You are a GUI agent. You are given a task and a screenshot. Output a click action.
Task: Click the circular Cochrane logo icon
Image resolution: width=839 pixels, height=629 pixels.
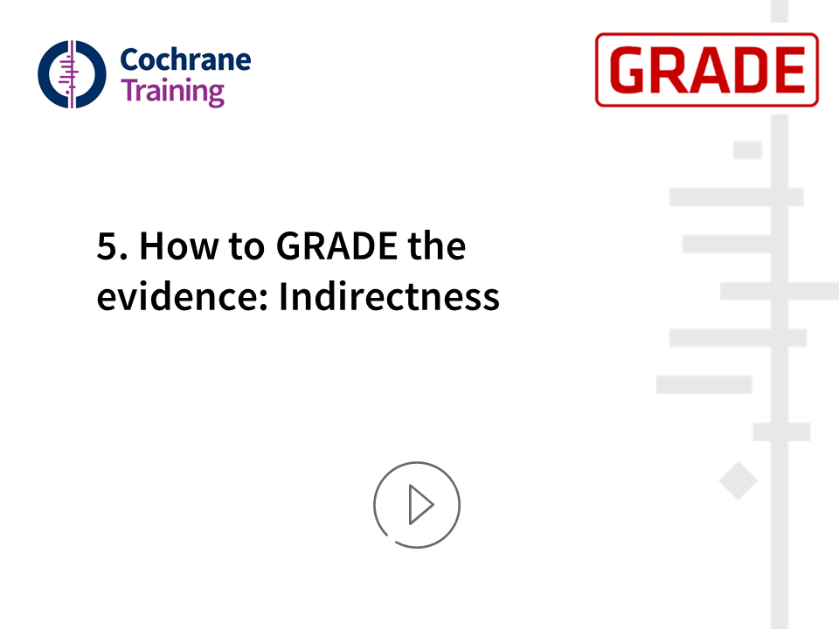[x=72, y=74]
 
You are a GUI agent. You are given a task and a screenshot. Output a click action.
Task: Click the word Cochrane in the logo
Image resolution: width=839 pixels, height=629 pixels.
[x=185, y=59]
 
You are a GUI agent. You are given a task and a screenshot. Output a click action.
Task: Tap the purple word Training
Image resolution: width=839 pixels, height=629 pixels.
[x=172, y=92]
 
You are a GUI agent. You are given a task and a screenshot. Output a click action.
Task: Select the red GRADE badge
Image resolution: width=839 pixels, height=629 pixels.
[x=707, y=70]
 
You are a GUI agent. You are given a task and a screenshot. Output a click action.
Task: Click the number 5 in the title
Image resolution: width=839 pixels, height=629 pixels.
[x=107, y=246]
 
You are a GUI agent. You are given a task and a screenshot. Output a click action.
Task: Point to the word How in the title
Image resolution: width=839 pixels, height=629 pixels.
[x=179, y=246]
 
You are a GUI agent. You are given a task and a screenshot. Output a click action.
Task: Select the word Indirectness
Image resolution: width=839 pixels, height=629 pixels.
[x=390, y=296]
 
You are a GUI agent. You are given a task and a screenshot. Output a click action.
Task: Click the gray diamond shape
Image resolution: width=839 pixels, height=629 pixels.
[x=738, y=480]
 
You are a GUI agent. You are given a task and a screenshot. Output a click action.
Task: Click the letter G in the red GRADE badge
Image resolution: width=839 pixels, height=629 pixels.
[x=628, y=70]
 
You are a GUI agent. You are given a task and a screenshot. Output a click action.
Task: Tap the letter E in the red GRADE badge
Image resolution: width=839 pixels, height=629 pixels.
[x=787, y=70]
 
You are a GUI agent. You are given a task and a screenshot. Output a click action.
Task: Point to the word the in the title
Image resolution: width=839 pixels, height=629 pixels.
[x=437, y=246]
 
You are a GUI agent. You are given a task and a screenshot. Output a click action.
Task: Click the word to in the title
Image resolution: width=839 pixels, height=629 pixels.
[x=246, y=247]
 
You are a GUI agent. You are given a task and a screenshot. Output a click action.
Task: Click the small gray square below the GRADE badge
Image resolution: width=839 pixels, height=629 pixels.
[x=747, y=149]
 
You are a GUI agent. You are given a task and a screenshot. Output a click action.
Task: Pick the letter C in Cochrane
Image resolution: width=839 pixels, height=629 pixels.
[x=130, y=59]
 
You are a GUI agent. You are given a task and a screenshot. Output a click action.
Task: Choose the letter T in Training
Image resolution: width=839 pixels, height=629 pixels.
[x=129, y=89]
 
